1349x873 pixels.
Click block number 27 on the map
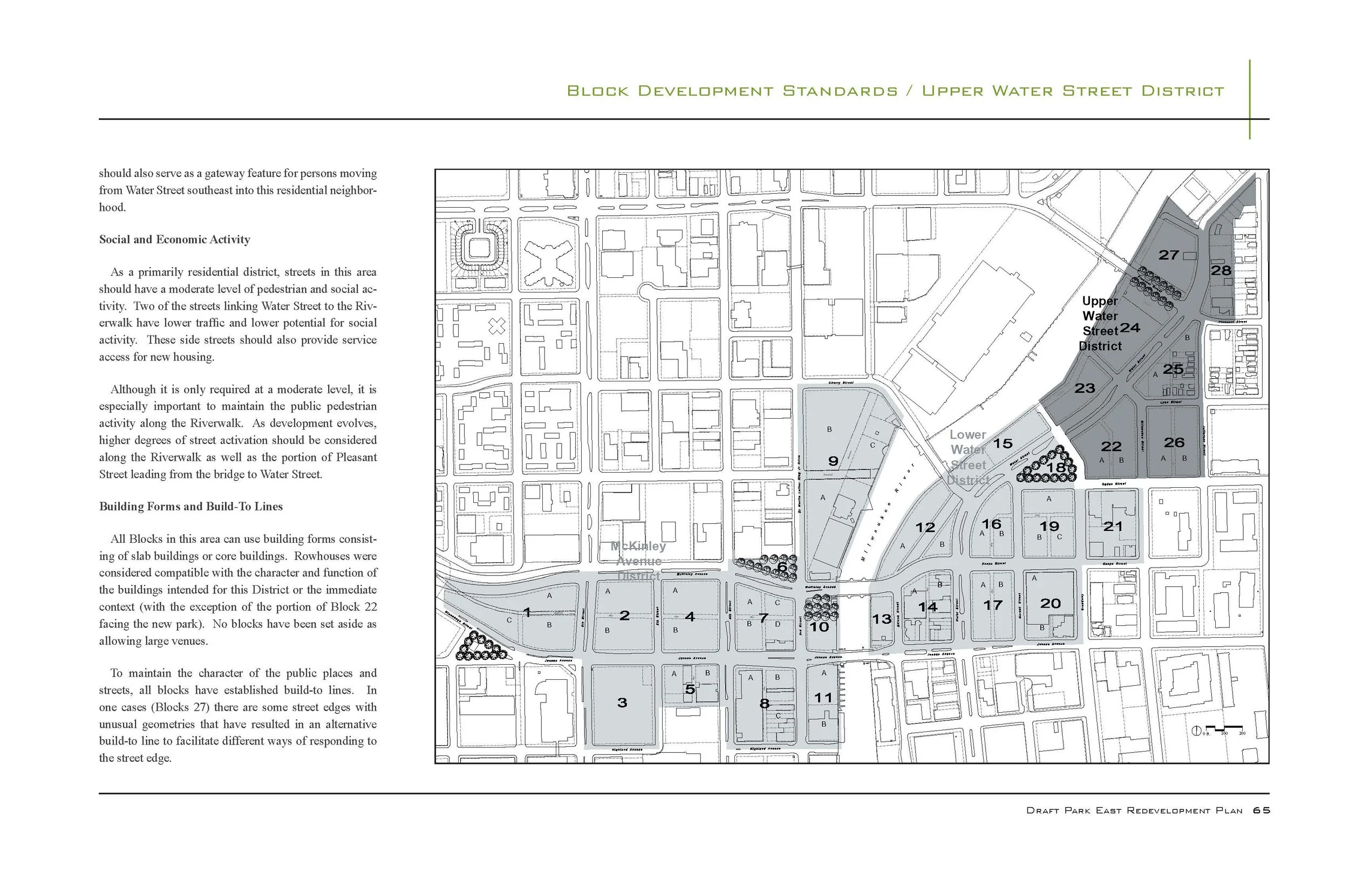(x=1169, y=255)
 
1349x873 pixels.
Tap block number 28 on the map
(x=1221, y=270)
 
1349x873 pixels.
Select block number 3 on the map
(x=622, y=703)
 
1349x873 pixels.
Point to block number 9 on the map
(x=833, y=461)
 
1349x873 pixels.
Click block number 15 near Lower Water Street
(x=1003, y=444)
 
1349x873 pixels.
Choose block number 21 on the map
(x=1113, y=527)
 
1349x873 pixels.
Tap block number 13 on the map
(x=881, y=619)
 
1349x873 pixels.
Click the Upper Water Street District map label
(x=1100, y=324)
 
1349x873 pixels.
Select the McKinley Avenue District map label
(x=638, y=561)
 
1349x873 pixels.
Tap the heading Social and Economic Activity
(x=175, y=240)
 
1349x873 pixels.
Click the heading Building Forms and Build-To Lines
(x=190, y=507)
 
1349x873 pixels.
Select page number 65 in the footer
(x=1261, y=810)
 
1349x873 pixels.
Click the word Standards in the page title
(x=840, y=91)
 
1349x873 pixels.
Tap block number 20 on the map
(x=1050, y=604)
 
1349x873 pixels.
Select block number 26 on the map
(x=1174, y=442)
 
